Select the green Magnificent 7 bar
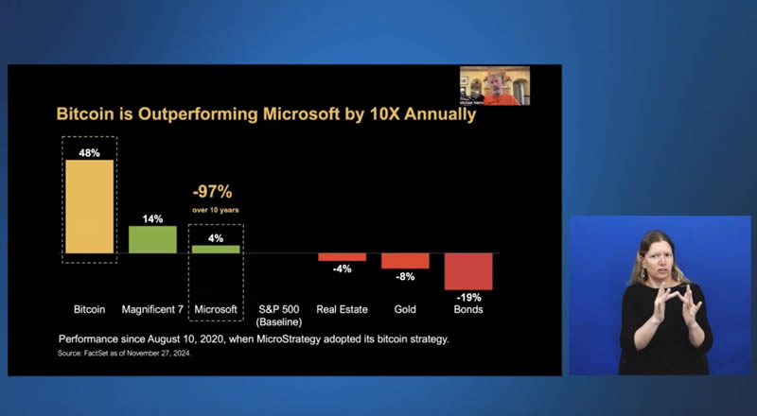(152, 239)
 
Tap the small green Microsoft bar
(216, 249)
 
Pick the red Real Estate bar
(342, 257)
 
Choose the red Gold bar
(405, 260)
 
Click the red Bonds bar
(468, 270)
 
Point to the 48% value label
(89, 151)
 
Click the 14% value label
(152, 217)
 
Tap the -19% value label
(468, 297)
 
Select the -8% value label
(405, 277)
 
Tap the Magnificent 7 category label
(152, 309)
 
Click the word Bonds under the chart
(468, 309)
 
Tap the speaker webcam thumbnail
(495, 85)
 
